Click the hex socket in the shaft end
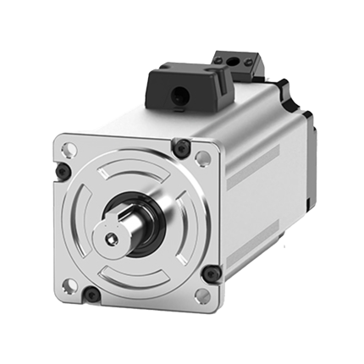(113, 240)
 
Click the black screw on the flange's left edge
(61, 172)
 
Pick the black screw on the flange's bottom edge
(91, 295)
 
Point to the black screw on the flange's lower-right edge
(211, 273)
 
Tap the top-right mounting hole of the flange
(202, 158)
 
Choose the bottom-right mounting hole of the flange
(201, 295)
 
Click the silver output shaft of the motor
(124, 233)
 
